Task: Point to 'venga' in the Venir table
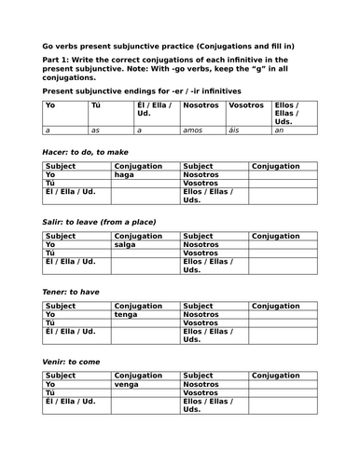pos(128,383)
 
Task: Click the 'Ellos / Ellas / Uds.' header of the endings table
pos(291,113)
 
